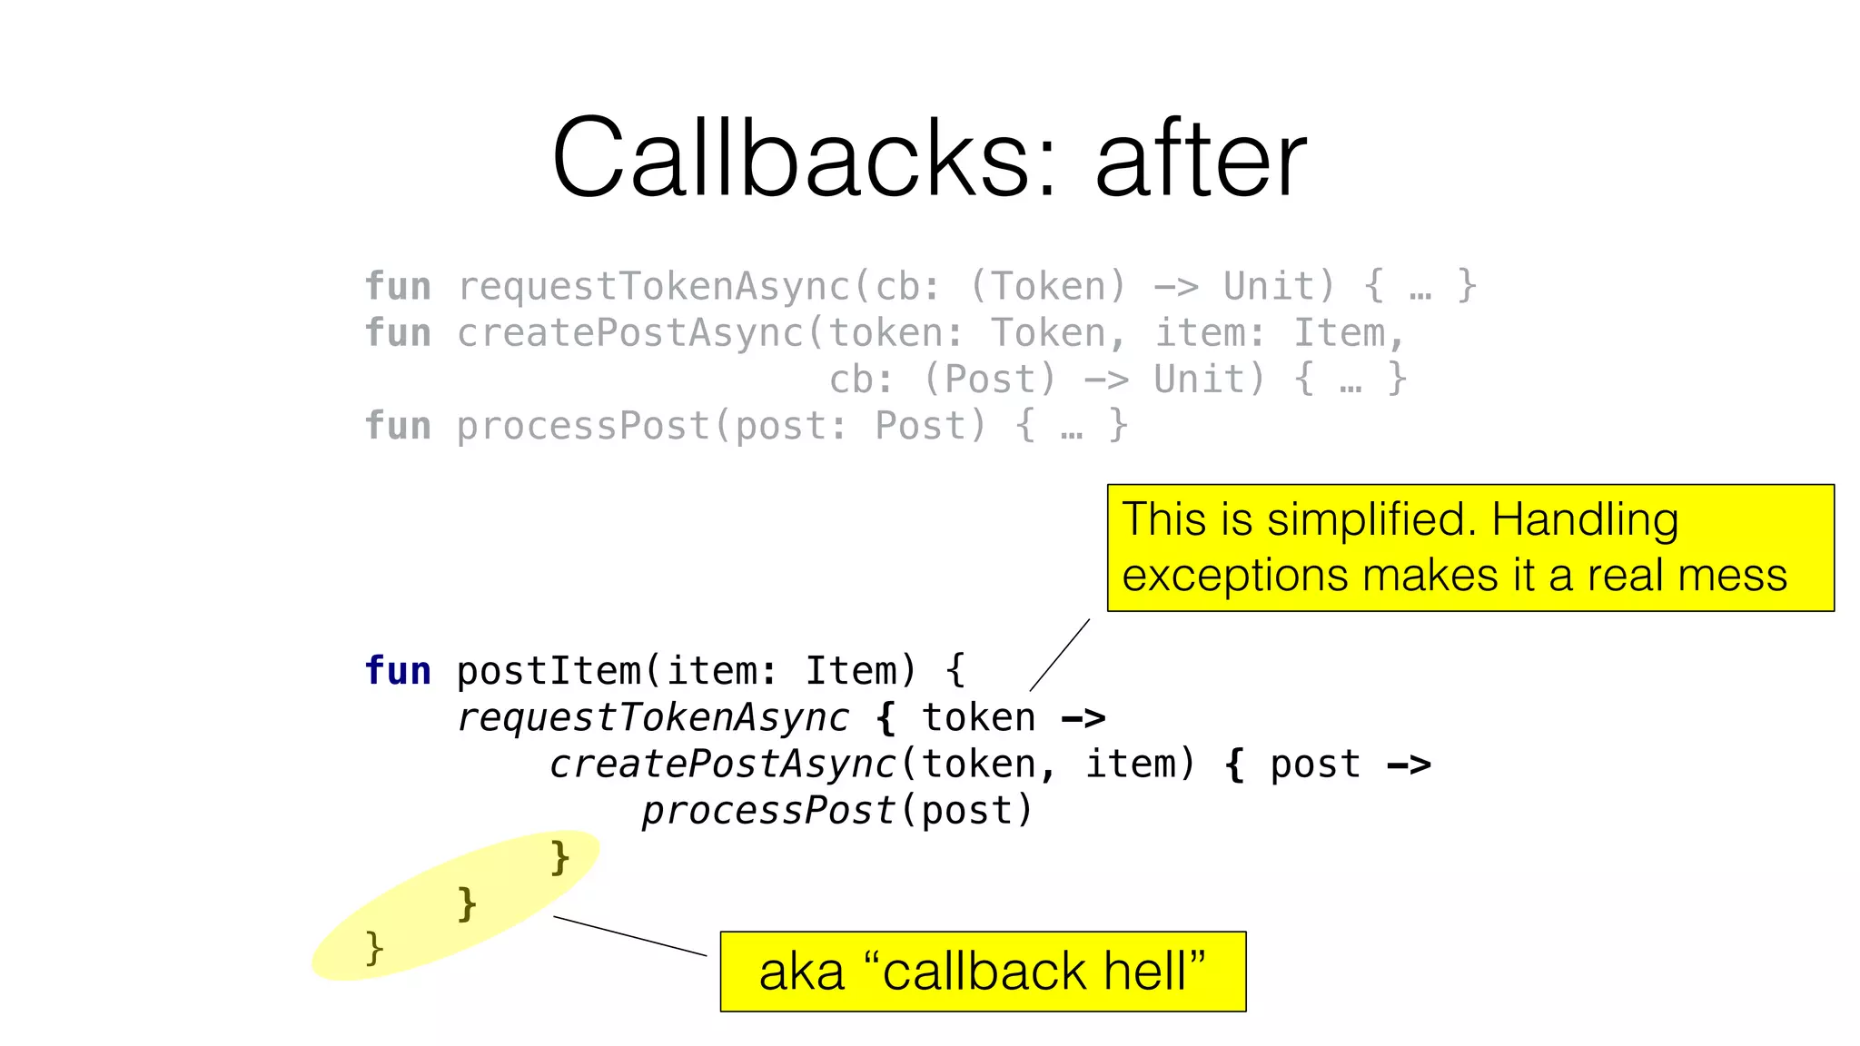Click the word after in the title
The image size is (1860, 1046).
(x=1201, y=159)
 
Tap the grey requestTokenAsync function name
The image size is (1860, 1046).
(x=653, y=287)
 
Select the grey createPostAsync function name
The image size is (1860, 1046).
(x=630, y=333)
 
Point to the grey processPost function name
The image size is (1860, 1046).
(x=583, y=426)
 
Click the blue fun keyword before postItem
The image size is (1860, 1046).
(x=398, y=671)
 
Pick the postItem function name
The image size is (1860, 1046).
(x=549, y=671)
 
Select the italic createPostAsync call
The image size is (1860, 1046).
(x=723, y=764)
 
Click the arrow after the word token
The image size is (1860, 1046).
(x=1083, y=718)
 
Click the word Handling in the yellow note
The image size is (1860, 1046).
(x=1585, y=520)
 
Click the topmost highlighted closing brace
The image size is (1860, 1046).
(x=560, y=857)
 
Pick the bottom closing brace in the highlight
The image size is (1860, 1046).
(x=374, y=949)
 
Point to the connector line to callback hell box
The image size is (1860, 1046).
(x=629, y=936)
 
